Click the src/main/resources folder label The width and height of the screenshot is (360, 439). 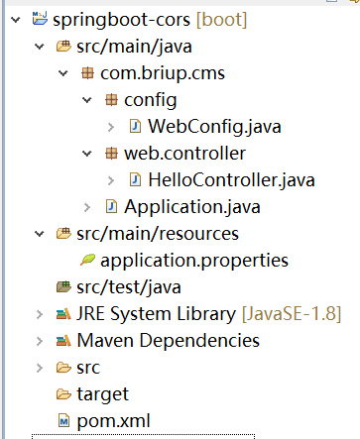click(156, 234)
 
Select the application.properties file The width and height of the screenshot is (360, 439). click(194, 261)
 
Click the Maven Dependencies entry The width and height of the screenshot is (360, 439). click(168, 341)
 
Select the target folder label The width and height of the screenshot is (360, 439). click(102, 394)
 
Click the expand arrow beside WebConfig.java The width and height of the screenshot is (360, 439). click(111, 127)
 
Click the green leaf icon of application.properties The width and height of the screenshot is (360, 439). click(86, 261)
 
